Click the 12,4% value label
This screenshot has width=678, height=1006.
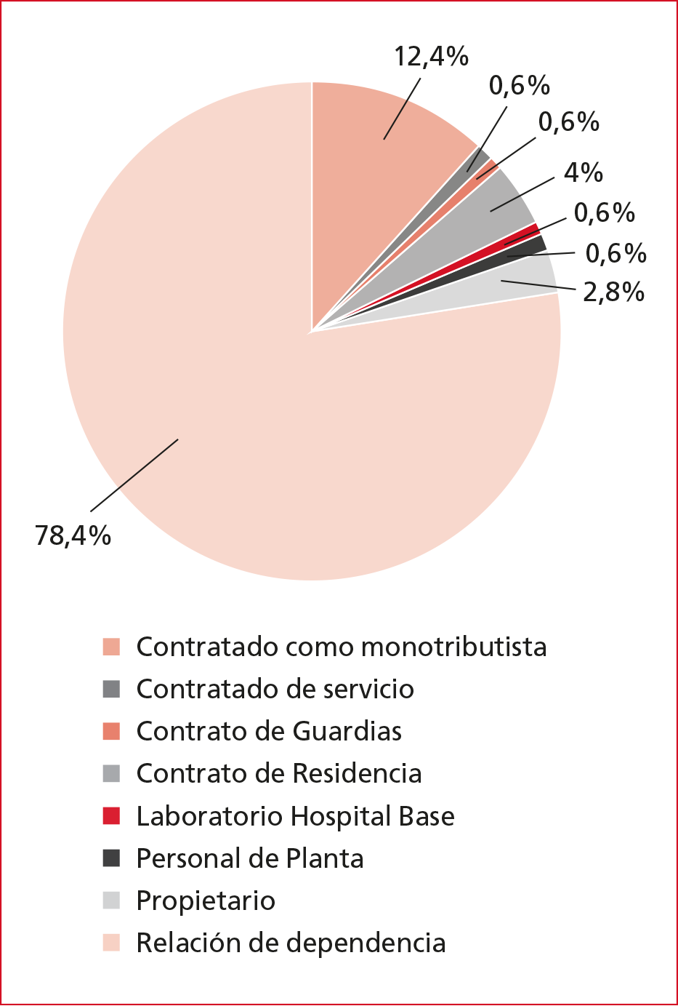point(431,57)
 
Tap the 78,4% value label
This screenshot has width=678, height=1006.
point(73,536)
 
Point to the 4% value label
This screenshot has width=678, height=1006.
point(584,172)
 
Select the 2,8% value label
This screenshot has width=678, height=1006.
point(613,292)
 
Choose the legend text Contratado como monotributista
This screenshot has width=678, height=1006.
point(341,647)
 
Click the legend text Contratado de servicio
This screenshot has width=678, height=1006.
point(275,689)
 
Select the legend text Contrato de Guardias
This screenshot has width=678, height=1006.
point(269,731)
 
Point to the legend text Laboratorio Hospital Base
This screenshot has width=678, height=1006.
point(295,816)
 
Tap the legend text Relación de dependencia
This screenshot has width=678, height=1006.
point(291,943)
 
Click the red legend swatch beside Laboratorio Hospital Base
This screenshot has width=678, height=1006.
point(111,816)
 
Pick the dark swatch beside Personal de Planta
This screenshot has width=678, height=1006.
point(111,858)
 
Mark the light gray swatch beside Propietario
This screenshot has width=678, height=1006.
point(111,901)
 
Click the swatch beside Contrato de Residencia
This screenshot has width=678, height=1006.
point(111,773)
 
